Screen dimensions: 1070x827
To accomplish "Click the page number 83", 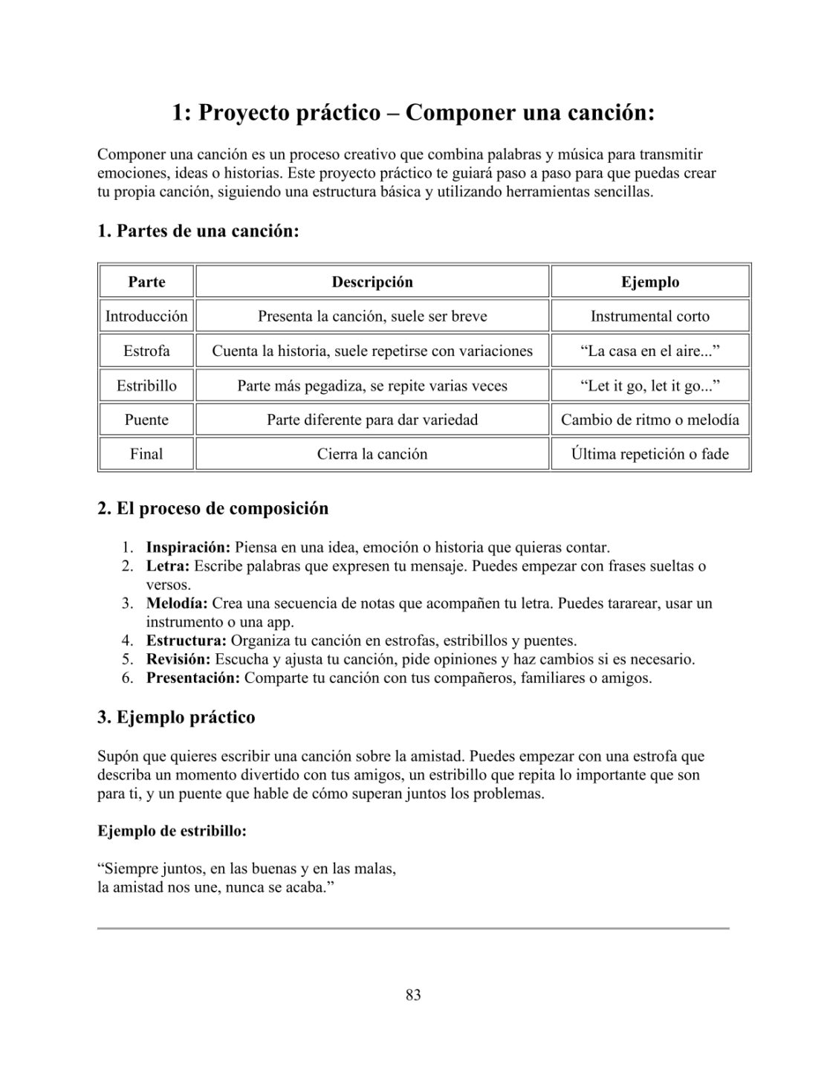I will pyautogui.click(x=413, y=995).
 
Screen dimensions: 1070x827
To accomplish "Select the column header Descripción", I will pyautogui.click(x=372, y=282).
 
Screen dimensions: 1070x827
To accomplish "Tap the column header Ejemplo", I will pyautogui.click(x=649, y=282).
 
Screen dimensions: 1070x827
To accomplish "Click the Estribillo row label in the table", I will pyautogui.click(x=146, y=386).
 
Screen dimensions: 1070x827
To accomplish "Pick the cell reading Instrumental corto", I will pyautogui.click(x=649, y=316).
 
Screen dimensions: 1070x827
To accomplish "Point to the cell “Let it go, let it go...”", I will pyautogui.click(x=649, y=386).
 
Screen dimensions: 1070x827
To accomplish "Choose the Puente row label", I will pyautogui.click(x=146, y=420).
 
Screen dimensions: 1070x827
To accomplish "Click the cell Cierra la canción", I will pyautogui.click(x=372, y=454).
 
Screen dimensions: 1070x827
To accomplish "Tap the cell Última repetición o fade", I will pyautogui.click(x=649, y=454).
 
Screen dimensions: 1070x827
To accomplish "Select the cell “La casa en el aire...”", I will pyautogui.click(x=649, y=351).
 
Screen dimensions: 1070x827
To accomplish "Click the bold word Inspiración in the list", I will pyautogui.click(x=189, y=548).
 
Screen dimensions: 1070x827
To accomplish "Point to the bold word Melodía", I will pyautogui.click(x=176, y=603).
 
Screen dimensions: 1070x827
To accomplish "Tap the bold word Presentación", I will pyautogui.click(x=193, y=678).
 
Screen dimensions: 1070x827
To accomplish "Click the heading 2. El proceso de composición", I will pyautogui.click(x=213, y=509).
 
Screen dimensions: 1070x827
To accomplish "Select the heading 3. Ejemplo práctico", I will pyautogui.click(x=176, y=718).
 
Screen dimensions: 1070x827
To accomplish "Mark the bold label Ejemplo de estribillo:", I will pyautogui.click(x=172, y=831).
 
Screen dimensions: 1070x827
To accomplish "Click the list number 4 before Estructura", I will pyautogui.click(x=128, y=641).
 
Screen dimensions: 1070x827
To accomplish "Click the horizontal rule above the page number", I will pyautogui.click(x=413, y=928).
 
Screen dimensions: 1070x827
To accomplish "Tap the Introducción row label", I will pyautogui.click(x=146, y=316).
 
